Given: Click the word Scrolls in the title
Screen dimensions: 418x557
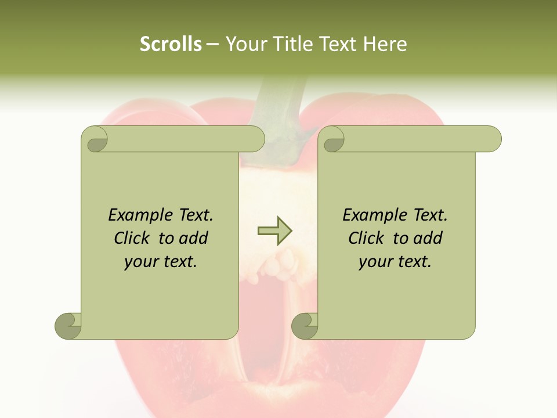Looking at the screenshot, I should pyautogui.click(x=171, y=44).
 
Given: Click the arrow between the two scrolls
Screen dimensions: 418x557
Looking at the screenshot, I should pyautogui.click(x=275, y=231).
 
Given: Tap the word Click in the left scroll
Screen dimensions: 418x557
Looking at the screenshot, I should pyautogui.click(x=133, y=238).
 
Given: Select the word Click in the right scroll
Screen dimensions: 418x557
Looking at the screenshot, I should pyautogui.click(x=368, y=238).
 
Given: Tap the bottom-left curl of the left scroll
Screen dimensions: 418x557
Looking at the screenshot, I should pyautogui.click(x=68, y=326).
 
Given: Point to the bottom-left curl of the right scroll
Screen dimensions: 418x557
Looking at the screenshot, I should pyautogui.click(x=305, y=326).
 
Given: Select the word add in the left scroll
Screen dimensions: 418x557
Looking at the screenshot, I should pyautogui.click(x=193, y=238).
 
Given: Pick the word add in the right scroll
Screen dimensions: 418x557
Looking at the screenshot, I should pyautogui.click(x=428, y=238).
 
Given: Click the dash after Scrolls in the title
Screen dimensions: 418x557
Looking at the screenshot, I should pyautogui.click(x=213, y=45).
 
